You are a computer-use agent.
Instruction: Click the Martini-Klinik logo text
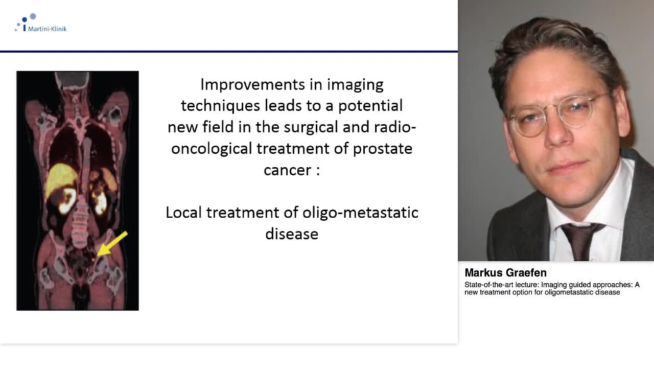[47, 29]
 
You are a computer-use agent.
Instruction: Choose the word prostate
[383, 148]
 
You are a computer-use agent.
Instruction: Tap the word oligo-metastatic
[360, 212]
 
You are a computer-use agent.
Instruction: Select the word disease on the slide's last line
[292, 234]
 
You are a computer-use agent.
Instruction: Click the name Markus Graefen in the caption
[505, 273]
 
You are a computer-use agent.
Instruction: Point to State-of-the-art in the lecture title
[486, 285]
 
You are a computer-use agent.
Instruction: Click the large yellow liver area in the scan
[60, 180]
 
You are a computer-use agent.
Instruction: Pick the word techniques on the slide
[221, 106]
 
